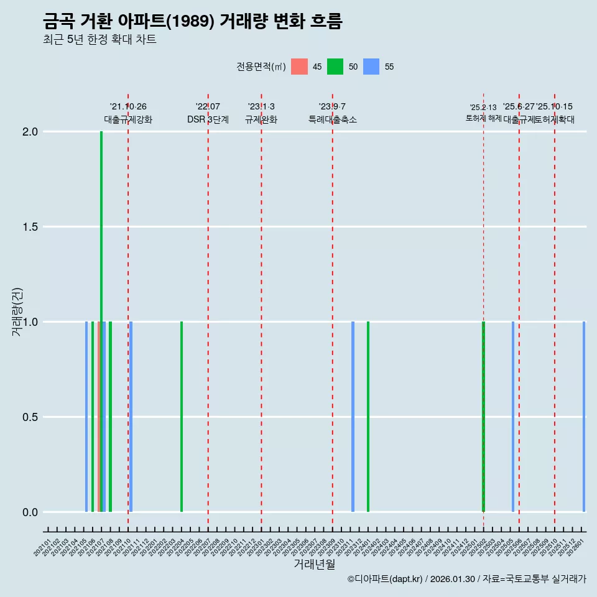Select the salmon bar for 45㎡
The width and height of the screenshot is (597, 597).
click(98, 417)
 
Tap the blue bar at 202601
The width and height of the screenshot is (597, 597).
click(584, 417)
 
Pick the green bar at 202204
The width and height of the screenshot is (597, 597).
click(182, 417)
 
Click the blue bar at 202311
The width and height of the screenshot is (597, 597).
click(353, 417)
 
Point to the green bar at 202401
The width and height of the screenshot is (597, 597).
click(368, 417)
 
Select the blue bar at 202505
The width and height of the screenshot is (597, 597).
click(513, 417)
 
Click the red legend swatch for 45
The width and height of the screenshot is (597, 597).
click(299, 67)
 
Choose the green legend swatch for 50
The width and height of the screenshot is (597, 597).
click(335, 67)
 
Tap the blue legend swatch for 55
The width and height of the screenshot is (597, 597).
click(371, 67)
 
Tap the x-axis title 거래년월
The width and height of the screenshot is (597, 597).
click(314, 565)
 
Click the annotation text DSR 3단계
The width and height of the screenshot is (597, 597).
click(208, 120)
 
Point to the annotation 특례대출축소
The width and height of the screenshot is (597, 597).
click(333, 120)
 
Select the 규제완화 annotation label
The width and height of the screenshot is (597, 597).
click(261, 120)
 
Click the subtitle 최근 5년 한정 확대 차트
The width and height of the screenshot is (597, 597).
click(99, 40)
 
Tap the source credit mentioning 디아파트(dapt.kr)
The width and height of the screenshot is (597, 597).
click(466, 580)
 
